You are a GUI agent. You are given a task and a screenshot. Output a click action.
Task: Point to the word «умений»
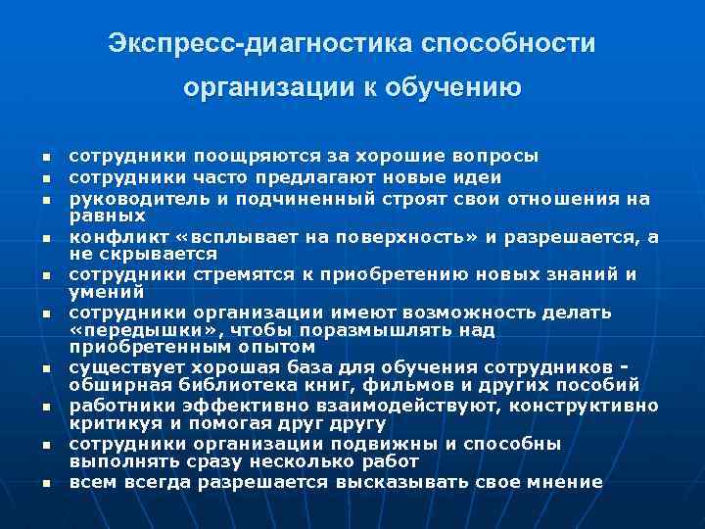click(101, 292)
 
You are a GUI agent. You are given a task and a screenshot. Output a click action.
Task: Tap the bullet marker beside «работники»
click(45, 407)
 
